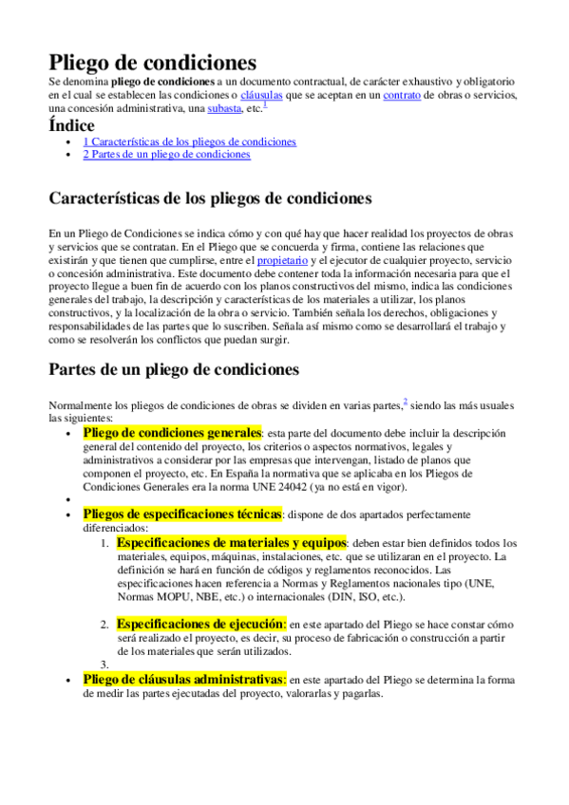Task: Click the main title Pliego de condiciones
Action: [152, 63]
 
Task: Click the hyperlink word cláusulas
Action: [265, 95]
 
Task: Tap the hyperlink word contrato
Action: [402, 95]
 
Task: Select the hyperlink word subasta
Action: [224, 108]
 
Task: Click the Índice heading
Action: [71, 125]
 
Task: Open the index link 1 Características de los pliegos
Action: [189, 141]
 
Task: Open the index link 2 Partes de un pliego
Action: [166, 154]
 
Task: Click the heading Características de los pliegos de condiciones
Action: [209, 198]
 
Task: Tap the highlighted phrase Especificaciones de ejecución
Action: [200, 624]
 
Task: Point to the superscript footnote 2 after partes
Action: [406, 402]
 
